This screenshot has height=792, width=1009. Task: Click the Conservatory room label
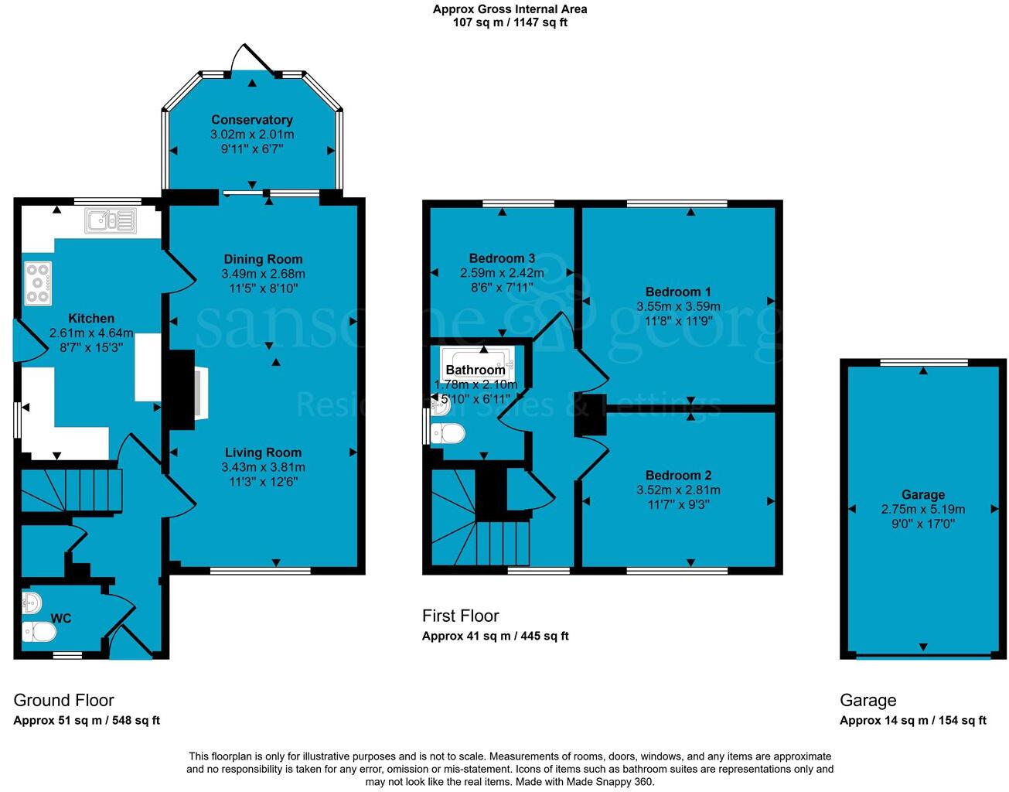pyautogui.click(x=252, y=120)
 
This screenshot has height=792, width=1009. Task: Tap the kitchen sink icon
pyautogui.click(x=111, y=221)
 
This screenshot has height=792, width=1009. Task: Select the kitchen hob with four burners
pyautogui.click(x=38, y=284)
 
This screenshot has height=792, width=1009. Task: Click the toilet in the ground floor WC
pyautogui.click(x=39, y=633)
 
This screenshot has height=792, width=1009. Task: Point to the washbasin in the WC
pyautogui.click(x=31, y=602)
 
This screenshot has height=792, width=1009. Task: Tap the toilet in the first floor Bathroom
pyautogui.click(x=448, y=434)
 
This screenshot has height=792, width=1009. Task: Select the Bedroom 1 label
pyautogui.click(x=678, y=292)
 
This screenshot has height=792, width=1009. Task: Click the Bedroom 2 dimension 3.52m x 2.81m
pyautogui.click(x=678, y=490)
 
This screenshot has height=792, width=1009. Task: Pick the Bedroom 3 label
pyautogui.click(x=502, y=258)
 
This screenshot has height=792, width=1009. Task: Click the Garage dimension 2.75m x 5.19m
pyautogui.click(x=923, y=510)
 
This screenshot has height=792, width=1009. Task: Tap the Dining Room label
pyautogui.click(x=263, y=259)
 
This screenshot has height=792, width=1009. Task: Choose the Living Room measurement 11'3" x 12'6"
pyautogui.click(x=263, y=481)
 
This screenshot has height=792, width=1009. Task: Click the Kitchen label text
pyautogui.click(x=91, y=319)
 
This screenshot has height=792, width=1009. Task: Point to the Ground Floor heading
pyautogui.click(x=63, y=701)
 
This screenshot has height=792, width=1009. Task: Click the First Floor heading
pyautogui.click(x=460, y=616)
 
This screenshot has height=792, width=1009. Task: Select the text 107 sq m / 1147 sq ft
pyautogui.click(x=510, y=22)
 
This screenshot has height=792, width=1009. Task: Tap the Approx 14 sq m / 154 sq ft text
pyautogui.click(x=913, y=721)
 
